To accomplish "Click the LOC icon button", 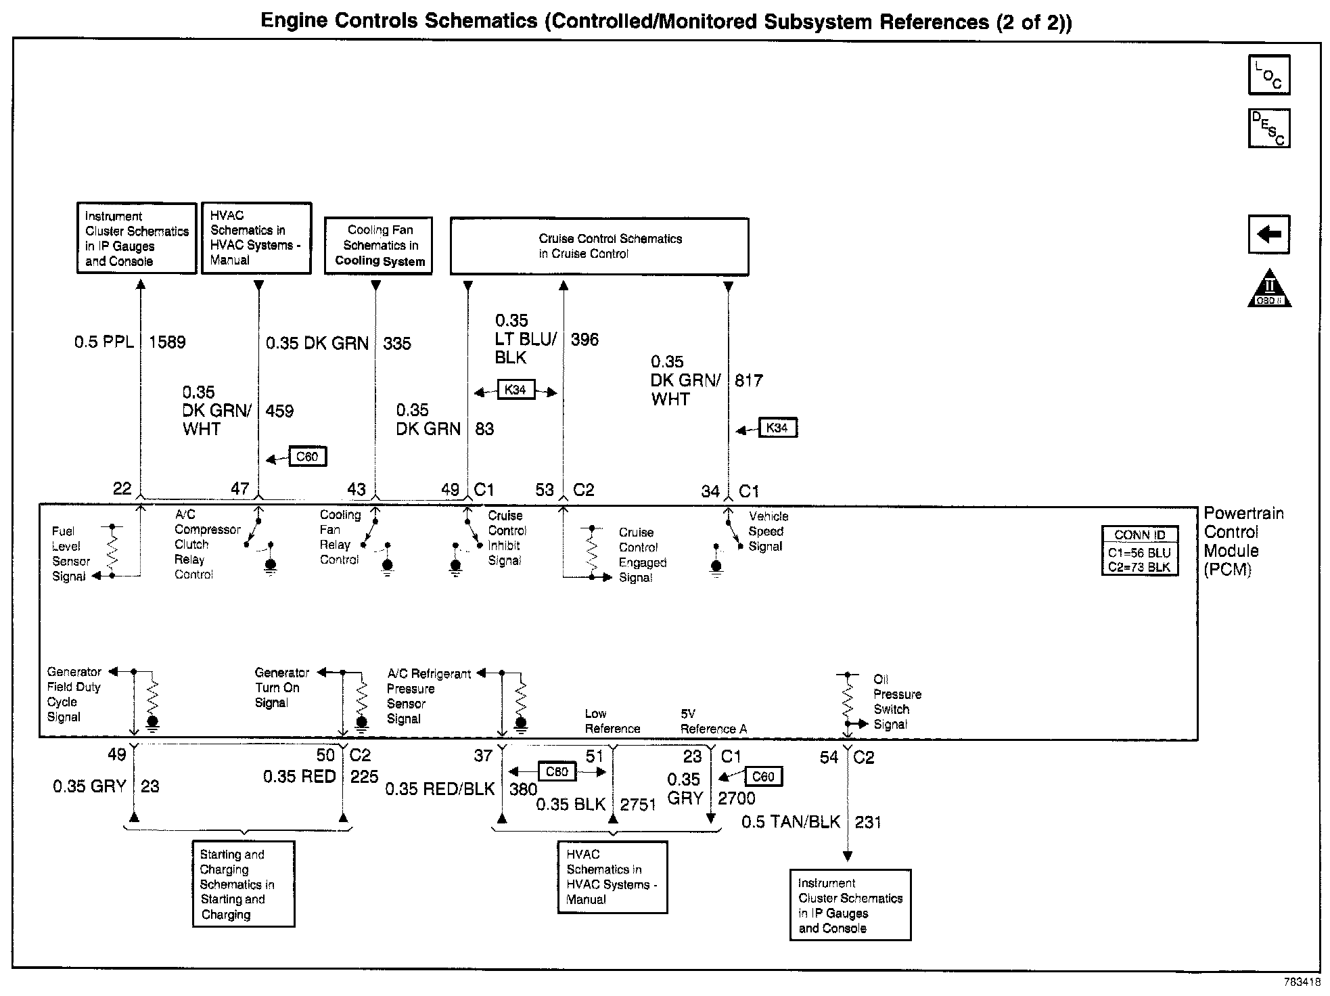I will (x=1268, y=74).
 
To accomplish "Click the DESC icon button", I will (x=1268, y=128).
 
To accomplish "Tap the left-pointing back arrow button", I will (x=1268, y=235).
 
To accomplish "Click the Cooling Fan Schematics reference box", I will (x=378, y=245).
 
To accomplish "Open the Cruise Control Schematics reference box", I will (x=599, y=246).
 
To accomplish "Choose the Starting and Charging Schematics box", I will (x=244, y=884).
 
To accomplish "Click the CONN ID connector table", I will (x=1140, y=551).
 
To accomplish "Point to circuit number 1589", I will (x=167, y=342).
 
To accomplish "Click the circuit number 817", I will (x=749, y=381).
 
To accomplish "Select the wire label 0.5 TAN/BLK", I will (x=791, y=822).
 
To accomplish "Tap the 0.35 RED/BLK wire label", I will (x=440, y=789).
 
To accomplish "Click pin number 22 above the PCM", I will (x=122, y=489).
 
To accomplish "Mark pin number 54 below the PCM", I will (x=829, y=758).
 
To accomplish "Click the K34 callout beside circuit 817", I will (x=777, y=428).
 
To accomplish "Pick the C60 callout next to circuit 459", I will (x=307, y=457).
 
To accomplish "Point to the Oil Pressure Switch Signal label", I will (x=896, y=702).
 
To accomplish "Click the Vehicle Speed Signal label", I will (x=768, y=531).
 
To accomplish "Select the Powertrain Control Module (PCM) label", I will (x=1243, y=541).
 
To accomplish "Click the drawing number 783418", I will (x=1302, y=982).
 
